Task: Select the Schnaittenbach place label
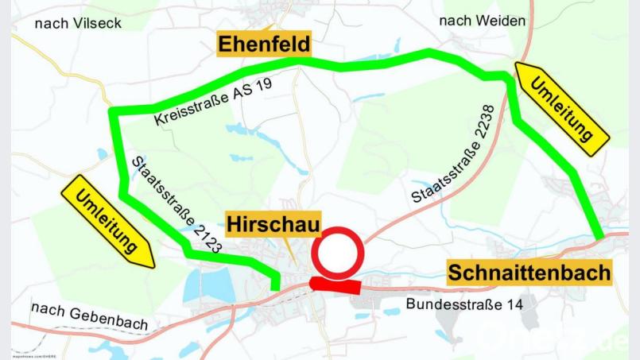coord(529,273)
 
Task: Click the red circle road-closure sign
coord(337,253)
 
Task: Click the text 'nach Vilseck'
coord(78,23)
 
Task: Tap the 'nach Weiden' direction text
coord(475,21)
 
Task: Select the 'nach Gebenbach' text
coord(89,315)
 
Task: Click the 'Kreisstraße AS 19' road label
coord(213,106)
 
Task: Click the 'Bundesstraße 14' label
coord(460,304)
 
